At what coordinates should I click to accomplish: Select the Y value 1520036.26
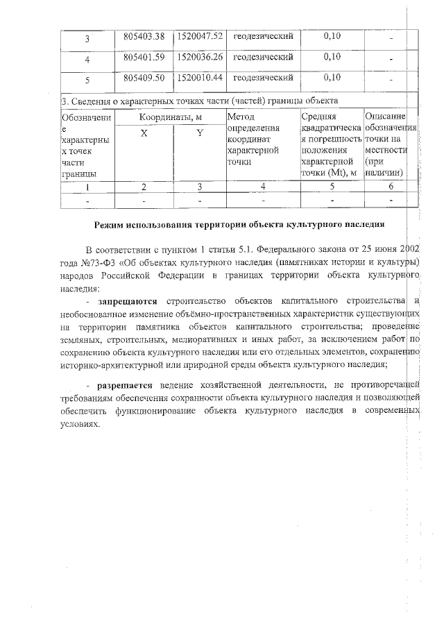click(x=200, y=56)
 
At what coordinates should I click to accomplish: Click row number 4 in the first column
click(x=87, y=59)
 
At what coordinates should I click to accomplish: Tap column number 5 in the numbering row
click(x=332, y=186)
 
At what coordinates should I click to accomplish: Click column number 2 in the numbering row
click(x=144, y=186)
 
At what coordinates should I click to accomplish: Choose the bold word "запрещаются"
click(x=129, y=300)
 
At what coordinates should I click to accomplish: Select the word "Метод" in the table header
click(x=241, y=117)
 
